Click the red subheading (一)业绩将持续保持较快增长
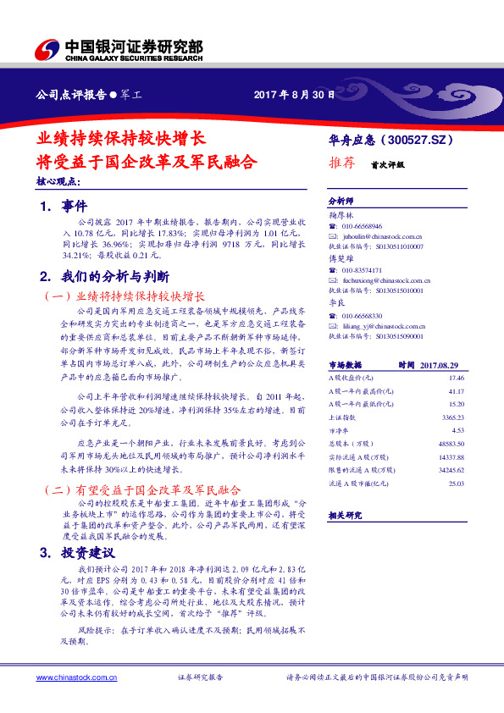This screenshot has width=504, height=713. tap(123, 297)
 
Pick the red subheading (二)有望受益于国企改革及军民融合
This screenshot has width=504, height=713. tap(141, 490)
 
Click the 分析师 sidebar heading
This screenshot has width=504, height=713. tap(341, 202)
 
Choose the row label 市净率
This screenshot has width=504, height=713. tap(339, 430)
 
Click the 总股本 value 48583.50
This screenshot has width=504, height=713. tap(452, 444)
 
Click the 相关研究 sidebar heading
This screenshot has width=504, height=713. tap(345, 513)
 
